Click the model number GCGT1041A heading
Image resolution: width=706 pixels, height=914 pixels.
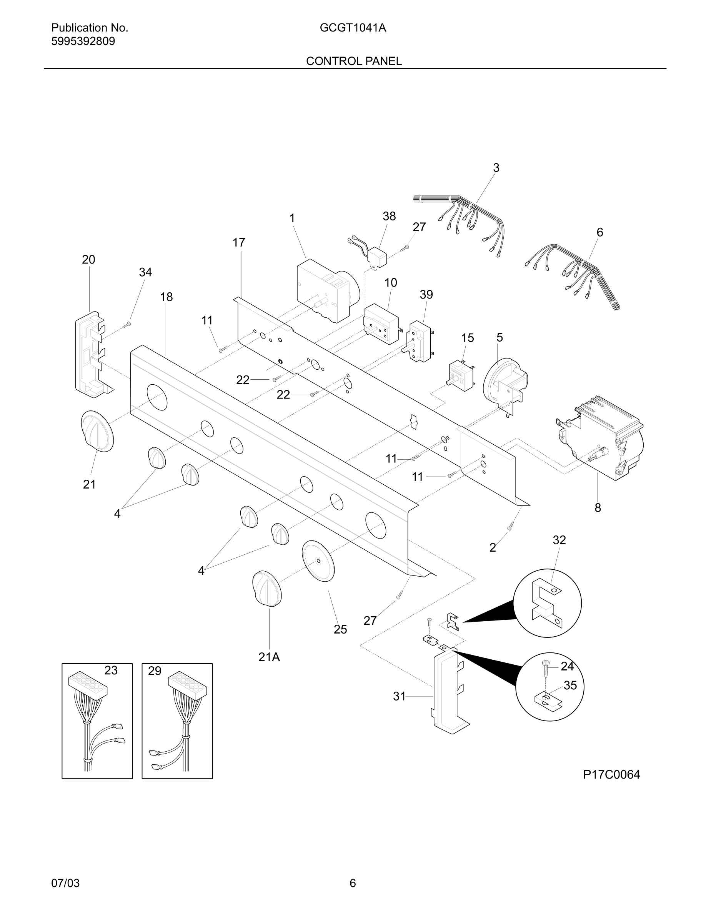[353, 28]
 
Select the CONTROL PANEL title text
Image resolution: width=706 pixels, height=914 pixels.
[354, 61]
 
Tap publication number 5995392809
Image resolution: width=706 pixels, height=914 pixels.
[83, 42]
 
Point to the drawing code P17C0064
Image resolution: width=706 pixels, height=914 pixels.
[611, 775]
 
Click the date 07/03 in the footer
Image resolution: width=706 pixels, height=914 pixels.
[65, 884]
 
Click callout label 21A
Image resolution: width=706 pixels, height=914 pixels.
[269, 657]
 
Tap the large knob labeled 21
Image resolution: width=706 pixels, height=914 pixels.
[97, 431]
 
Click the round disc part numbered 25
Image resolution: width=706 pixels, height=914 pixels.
[318, 561]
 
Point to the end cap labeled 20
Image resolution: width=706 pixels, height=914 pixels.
[92, 354]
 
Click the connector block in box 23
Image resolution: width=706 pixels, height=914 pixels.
[88, 684]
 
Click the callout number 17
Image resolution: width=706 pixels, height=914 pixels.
[239, 242]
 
